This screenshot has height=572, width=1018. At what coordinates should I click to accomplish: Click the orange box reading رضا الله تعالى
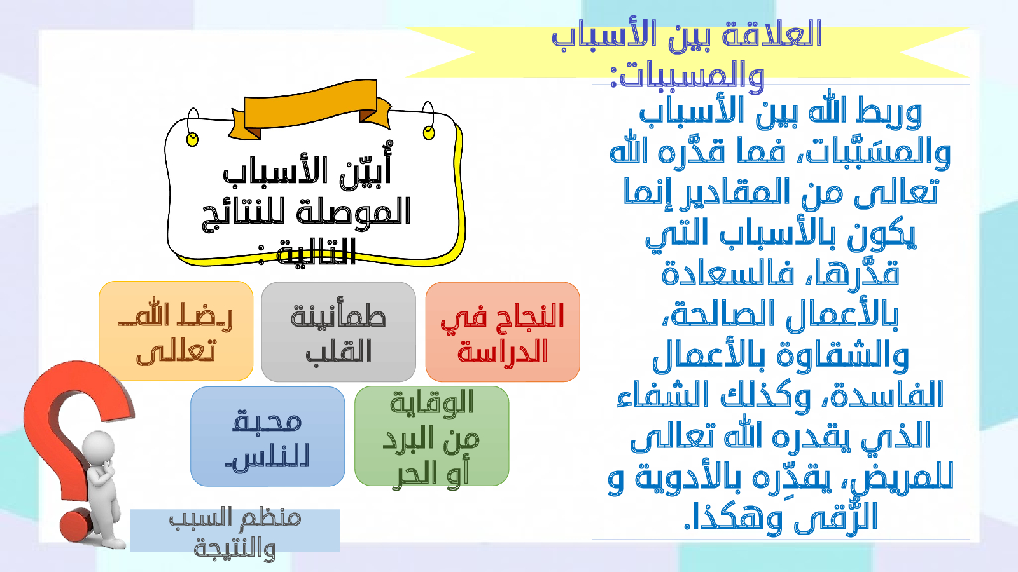point(176,331)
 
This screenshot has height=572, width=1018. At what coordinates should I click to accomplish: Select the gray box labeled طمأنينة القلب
point(338,332)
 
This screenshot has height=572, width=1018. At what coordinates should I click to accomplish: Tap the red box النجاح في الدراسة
point(503,332)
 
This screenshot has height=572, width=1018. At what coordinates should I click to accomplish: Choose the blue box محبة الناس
point(268,436)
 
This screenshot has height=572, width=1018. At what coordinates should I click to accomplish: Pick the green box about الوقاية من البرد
point(432,436)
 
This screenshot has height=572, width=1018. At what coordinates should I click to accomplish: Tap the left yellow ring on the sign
point(193,139)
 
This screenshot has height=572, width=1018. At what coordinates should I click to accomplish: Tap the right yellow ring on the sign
point(429,132)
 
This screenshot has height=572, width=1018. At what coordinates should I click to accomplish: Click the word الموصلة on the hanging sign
point(354,211)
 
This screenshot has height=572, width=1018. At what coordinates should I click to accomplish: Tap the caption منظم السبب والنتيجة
point(235,531)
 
